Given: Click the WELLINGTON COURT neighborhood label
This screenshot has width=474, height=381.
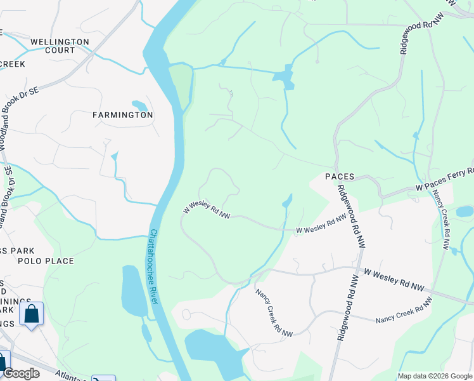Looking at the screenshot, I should tap(60, 46).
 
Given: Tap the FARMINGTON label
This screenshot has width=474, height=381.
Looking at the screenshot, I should tap(123, 115).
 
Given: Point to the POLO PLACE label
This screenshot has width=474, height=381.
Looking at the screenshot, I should tap(46, 261).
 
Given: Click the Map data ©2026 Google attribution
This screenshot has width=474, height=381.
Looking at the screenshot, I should tap(435, 376).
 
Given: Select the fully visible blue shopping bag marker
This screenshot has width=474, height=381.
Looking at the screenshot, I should tap(31, 314).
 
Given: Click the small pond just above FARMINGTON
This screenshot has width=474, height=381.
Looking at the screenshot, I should tap(139, 105).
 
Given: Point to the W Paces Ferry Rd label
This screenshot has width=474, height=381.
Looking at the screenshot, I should tap(444, 180).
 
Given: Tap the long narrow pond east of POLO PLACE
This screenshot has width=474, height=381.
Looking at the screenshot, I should tap(133, 291).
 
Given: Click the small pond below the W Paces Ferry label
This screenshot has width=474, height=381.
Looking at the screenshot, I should tap(464, 211).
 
